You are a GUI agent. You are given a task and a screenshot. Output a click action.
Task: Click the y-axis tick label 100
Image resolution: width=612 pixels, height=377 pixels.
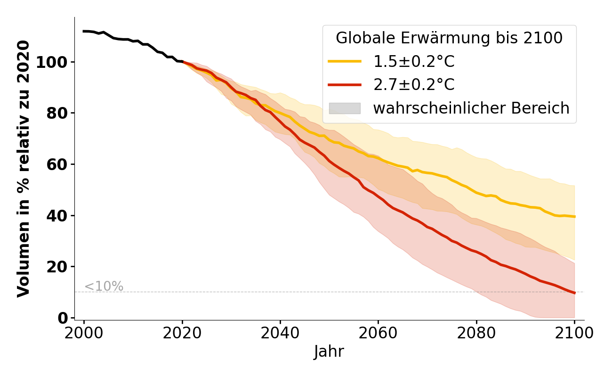[x=53, y=62]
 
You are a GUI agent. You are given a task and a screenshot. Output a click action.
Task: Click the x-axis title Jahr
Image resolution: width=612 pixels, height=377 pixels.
[x=329, y=352]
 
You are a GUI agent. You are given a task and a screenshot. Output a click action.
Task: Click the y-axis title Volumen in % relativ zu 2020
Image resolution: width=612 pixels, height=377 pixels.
[x=24, y=168]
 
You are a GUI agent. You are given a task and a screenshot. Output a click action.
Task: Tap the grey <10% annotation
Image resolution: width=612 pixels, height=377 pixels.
[x=104, y=287]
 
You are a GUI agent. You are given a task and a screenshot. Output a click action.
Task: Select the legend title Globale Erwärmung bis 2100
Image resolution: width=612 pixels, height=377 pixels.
[x=449, y=38]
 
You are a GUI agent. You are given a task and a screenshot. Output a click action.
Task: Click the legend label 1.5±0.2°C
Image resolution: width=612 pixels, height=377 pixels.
[x=414, y=62]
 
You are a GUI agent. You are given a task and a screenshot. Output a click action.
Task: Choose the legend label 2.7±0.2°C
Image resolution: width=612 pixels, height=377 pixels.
[x=414, y=85]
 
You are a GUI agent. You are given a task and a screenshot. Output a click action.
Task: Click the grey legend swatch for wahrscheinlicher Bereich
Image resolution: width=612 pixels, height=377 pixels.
[x=345, y=108]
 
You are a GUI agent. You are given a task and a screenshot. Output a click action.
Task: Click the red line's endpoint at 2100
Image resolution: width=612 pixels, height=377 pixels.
[x=574, y=293]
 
